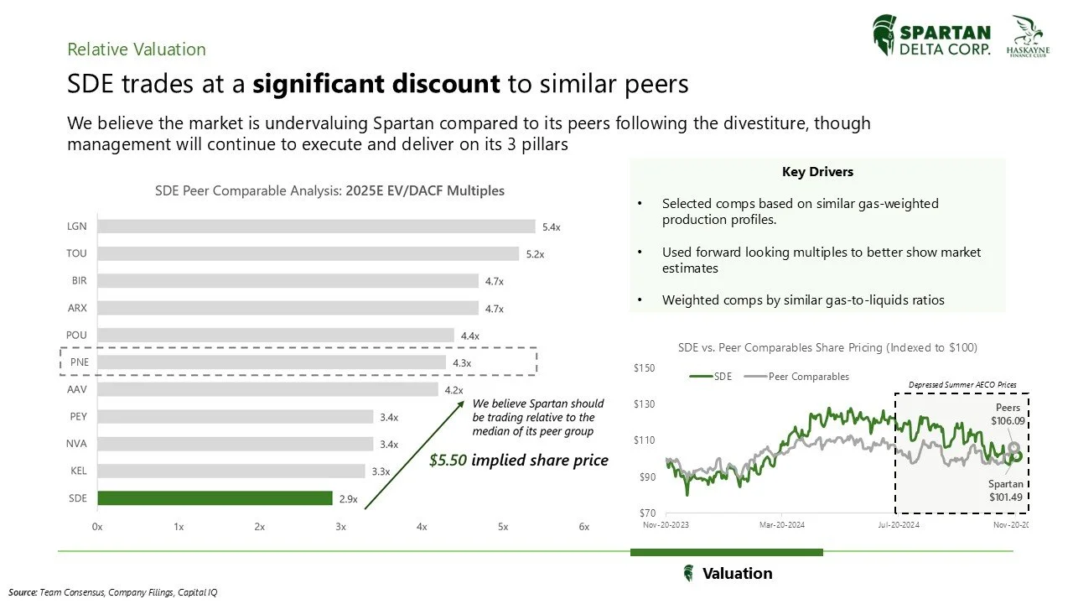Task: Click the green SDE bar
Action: [215, 498]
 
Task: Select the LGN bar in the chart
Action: [316, 226]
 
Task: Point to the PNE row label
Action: [80, 362]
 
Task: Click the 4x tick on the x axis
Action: [422, 527]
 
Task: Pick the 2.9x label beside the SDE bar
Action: [348, 498]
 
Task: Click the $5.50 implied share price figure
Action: [449, 460]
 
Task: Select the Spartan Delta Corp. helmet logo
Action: [884, 35]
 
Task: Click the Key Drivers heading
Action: [817, 172]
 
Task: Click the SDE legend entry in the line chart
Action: [713, 377]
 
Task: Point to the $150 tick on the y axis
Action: [644, 368]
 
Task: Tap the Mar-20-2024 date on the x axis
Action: [781, 525]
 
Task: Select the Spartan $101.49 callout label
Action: [1006, 491]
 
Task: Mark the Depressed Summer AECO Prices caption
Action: [962, 385]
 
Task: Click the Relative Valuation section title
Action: [137, 49]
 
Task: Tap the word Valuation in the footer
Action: [737, 574]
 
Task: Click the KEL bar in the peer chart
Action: [231, 471]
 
